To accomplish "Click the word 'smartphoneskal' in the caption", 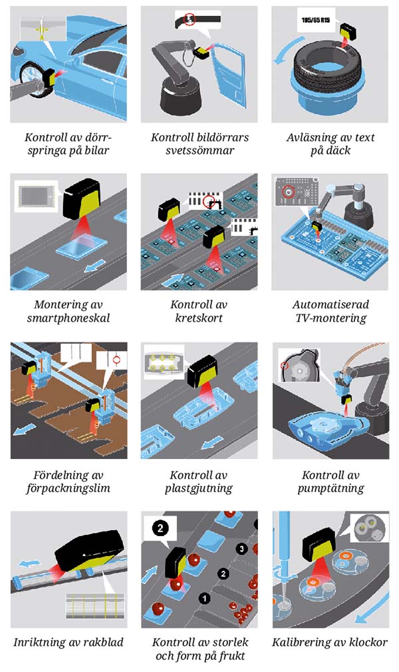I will click(x=68, y=318).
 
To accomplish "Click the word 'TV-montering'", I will click(x=330, y=318).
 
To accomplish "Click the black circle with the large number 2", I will click(x=160, y=529).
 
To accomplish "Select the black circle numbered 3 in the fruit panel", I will click(x=243, y=548).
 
